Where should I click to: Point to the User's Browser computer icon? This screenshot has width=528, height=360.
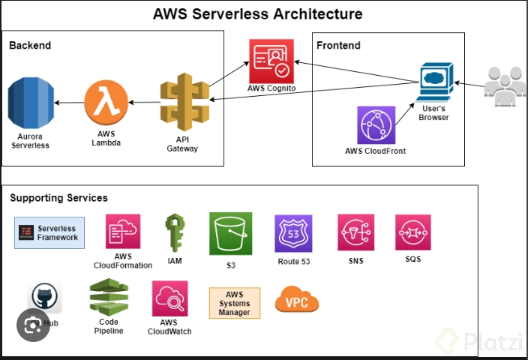click(433, 84)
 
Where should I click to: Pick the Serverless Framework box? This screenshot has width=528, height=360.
click(50, 232)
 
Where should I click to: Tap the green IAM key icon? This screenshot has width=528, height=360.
click(175, 232)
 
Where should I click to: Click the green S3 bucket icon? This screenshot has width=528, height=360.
click(230, 233)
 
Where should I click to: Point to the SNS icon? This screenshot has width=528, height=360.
click(355, 232)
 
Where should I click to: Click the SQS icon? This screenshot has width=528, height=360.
click(412, 232)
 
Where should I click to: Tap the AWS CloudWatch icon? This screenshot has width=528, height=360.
click(169, 299)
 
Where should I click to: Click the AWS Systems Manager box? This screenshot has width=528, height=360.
click(235, 303)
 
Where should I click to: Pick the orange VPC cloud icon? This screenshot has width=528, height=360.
click(297, 300)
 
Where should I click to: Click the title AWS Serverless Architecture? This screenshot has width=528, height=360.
click(257, 14)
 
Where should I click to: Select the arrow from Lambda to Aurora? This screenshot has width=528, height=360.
click(70, 103)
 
